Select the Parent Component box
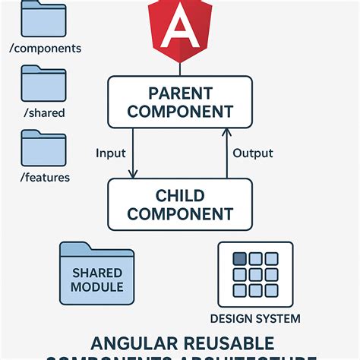180,102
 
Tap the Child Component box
180,204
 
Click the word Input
111,153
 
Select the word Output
252,153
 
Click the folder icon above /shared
43,84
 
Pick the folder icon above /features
43,148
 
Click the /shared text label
43,113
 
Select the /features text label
46,177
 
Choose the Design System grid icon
254,275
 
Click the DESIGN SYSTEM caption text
254,318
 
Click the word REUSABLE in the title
226,344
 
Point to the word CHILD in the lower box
180,195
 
